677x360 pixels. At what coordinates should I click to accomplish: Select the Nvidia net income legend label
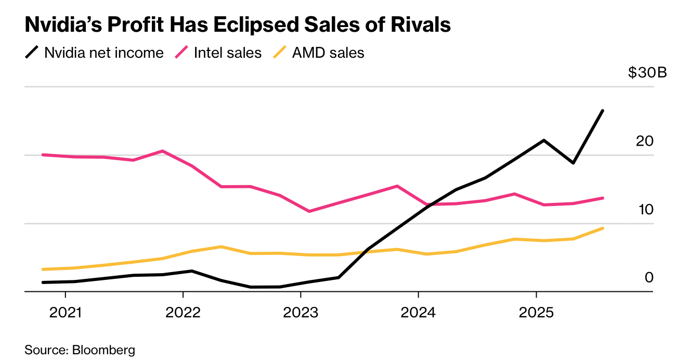click(x=104, y=53)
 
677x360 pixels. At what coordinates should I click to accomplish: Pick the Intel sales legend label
click(x=227, y=53)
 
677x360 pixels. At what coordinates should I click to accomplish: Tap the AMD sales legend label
click(x=328, y=53)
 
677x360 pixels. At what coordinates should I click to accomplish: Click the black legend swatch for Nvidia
click(x=32, y=53)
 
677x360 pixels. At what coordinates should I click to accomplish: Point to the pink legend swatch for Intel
click(x=181, y=53)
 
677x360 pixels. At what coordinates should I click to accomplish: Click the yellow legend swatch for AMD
click(x=280, y=53)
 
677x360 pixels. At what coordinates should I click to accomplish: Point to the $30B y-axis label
click(x=647, y=73)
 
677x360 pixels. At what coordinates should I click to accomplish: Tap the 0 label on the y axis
click(x=648, y=278)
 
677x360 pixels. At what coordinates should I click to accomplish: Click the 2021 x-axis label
click(x=65, y=314)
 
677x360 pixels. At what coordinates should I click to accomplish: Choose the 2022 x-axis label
click(x=183, y=314)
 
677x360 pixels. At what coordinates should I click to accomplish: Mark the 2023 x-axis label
click(x=301, y=314)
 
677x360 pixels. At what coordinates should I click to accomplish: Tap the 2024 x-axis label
click(x=418, y=314)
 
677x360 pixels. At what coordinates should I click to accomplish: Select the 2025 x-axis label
click(x=536, y=314)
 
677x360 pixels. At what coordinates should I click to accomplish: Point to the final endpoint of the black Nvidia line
click(x=603, y=111)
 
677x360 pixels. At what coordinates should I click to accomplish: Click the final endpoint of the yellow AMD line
click(x=603, y=228)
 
